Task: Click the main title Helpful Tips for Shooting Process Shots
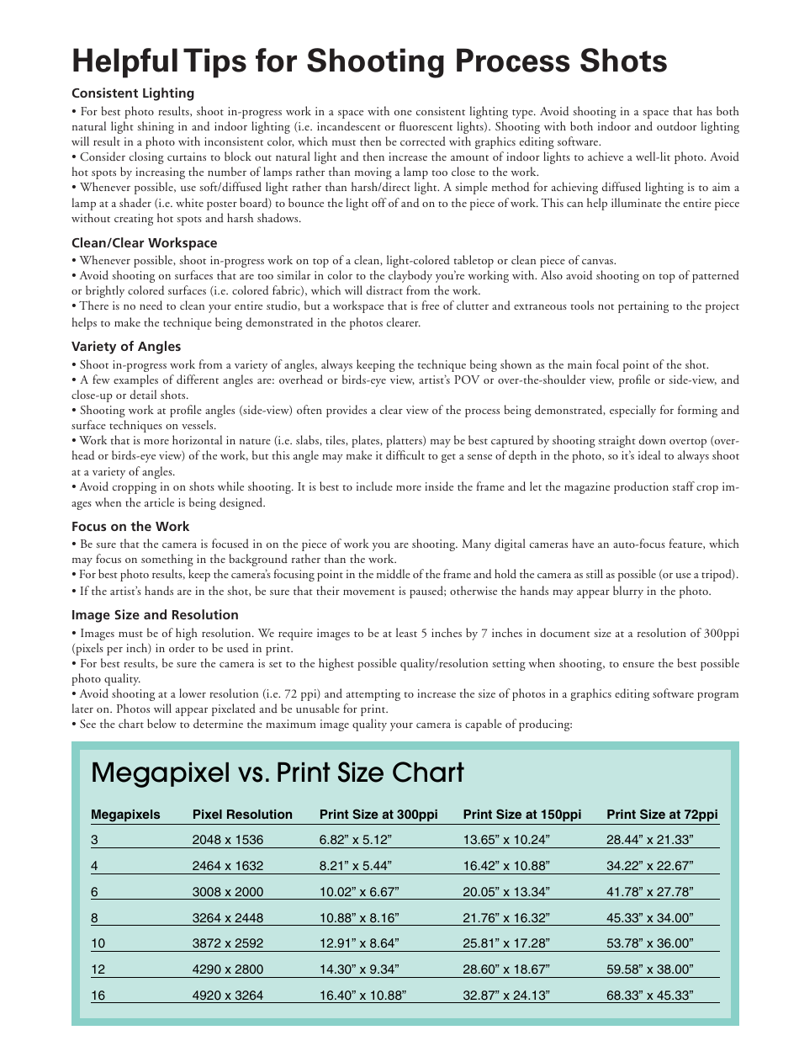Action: tap(369, 61)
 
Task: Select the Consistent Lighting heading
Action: tap(133, 93)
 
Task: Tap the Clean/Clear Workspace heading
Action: tap(144, 243)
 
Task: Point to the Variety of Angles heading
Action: tap(126, 346)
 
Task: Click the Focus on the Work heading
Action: tap(130, 526)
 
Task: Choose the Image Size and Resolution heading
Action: tap(155, 614)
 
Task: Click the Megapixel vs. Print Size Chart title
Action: tap(278, 772)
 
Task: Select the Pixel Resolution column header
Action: tap(242, 815)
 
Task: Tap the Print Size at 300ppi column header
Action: tap(378, 815)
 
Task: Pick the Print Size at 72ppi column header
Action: tap(662, 815)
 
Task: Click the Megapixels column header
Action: tap(125, 815)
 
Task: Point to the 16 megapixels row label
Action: tap(98, 996)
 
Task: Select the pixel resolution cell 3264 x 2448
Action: tap(228, 918)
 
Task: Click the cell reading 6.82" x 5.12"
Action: tap(356, 840)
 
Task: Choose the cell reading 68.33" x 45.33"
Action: tap(650, 996)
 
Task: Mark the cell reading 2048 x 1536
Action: tap(228, 840)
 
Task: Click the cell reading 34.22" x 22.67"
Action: tap(650, 866)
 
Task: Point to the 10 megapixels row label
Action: tap(98, 944)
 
